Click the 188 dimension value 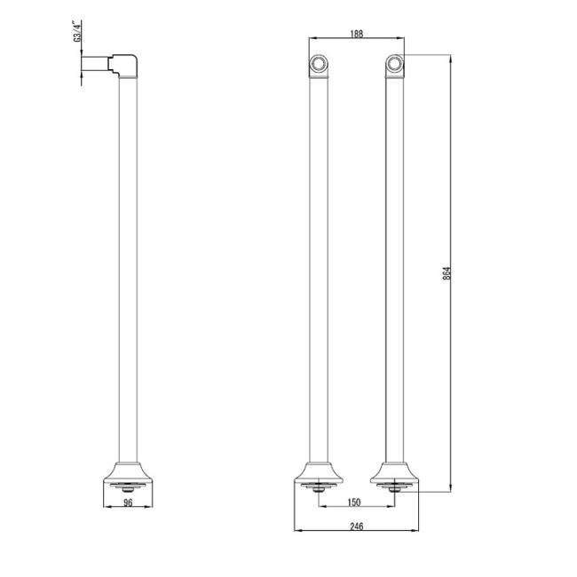(x=355, y=34)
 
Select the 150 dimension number (x=355, y=503)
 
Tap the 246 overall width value (x=355, y=526)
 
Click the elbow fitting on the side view (x=123, y=65)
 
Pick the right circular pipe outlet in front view (x=394, y=64)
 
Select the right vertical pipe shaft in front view (x=394, y=266)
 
